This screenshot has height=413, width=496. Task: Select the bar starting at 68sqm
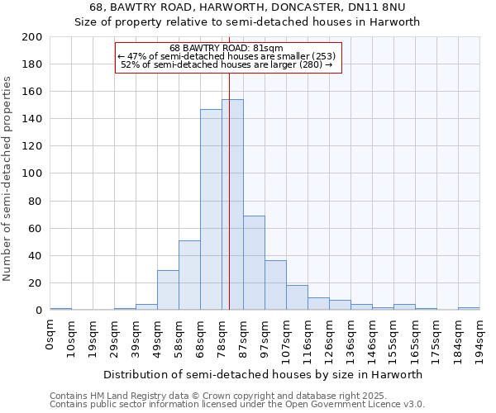click(211, 210)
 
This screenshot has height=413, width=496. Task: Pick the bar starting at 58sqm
click(189, 275)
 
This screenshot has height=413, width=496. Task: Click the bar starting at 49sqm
click(168, 290)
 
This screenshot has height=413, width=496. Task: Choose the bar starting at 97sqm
click(275, 285)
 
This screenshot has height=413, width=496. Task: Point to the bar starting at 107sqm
click(297, 297)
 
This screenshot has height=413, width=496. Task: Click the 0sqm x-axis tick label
click(50, 330)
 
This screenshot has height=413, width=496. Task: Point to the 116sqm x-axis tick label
click(308, 335)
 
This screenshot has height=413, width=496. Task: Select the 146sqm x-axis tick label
click(373, 335)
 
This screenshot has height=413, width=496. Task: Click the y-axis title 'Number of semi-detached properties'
click(8, 178)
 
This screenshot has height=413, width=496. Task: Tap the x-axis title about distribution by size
click(263, 374)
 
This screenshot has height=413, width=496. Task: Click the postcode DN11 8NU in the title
click(383, 8)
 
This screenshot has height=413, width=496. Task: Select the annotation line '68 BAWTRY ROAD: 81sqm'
click(227, 48)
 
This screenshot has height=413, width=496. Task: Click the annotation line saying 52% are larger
click(227, 64)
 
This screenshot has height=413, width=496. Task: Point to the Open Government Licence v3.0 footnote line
click(237, 405)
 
